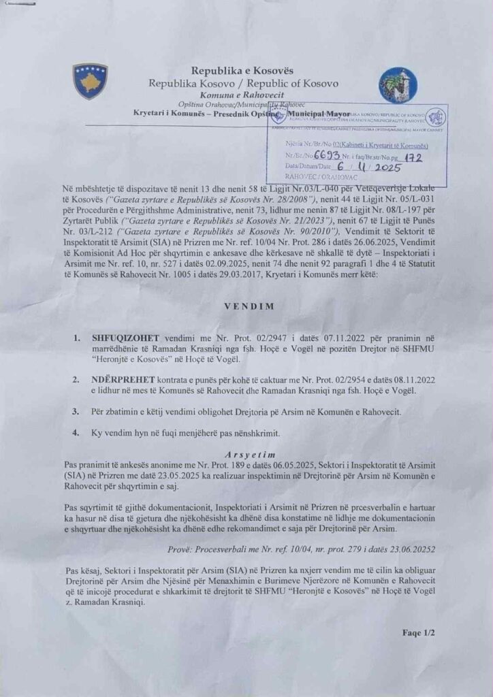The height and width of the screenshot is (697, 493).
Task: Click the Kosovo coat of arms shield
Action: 90,81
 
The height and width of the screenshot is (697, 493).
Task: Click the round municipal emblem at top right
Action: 398,84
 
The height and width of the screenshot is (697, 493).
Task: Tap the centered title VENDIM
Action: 249,306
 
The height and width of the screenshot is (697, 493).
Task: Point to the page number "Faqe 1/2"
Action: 419,632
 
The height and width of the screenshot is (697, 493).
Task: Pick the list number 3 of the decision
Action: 76,412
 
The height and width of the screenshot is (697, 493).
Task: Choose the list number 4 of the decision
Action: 76,432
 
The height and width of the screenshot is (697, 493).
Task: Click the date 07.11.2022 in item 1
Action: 303,338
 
